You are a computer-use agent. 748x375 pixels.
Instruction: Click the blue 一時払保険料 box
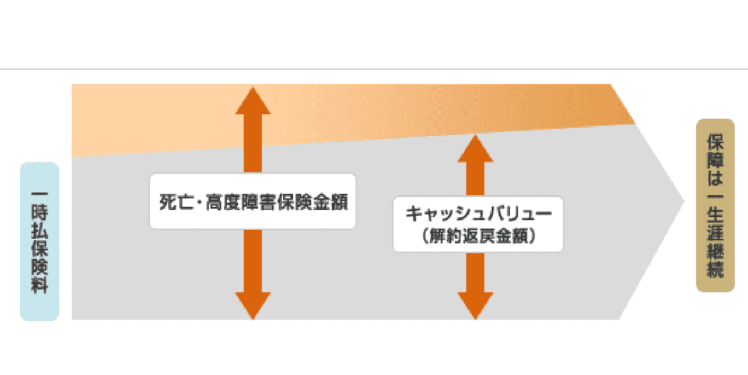39,241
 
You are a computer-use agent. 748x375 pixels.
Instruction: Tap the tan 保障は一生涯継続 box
715,205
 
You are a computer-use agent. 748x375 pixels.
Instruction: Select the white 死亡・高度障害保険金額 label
253,201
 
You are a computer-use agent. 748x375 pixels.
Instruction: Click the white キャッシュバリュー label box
478,224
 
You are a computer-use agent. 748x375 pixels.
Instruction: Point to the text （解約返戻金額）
478,236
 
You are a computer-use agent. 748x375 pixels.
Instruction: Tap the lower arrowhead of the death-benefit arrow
253,305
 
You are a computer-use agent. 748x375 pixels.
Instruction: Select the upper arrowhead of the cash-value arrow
475,149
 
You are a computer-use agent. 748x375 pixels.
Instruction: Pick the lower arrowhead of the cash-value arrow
475,305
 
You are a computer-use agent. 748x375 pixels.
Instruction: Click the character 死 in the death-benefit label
166,202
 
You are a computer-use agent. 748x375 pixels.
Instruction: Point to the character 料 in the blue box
39,285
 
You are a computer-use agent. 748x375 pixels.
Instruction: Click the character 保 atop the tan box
715,143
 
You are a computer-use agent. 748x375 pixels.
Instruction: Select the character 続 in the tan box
715,269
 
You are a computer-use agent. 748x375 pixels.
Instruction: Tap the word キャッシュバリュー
478,214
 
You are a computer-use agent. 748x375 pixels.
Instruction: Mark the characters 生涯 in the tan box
715,222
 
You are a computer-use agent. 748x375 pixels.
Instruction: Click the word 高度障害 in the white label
244,202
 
